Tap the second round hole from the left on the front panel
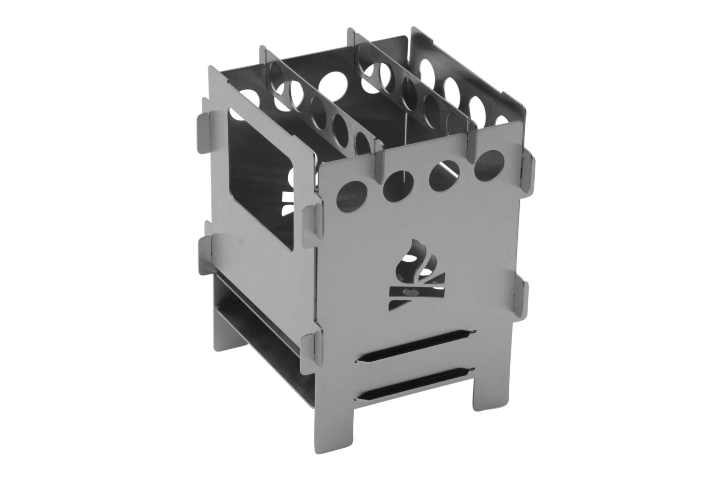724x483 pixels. click(x=396, y=185)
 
